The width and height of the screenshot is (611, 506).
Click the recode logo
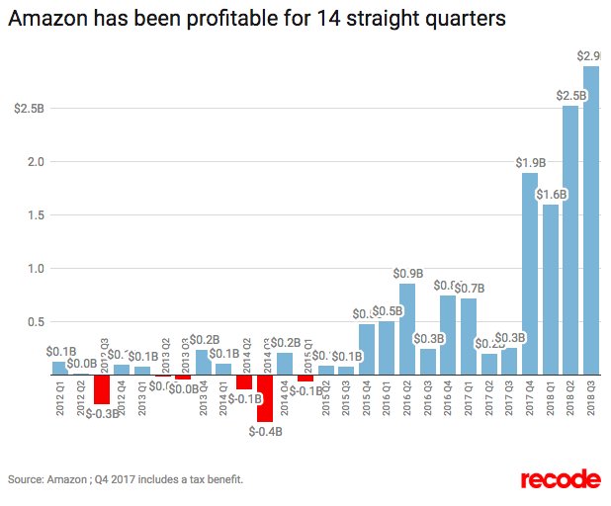[559, 479]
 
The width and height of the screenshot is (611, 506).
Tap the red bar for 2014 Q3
[264, 399]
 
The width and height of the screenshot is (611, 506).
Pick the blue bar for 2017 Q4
[530, 274]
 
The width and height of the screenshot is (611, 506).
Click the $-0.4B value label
[264, 431]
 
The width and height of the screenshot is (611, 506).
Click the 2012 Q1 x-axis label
[59, 398]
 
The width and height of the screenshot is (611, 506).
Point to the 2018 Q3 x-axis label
[591, 398]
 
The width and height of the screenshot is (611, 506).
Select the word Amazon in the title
[48, 19]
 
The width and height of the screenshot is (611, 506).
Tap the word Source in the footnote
[26, 479]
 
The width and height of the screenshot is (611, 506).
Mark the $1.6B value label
[551, 195]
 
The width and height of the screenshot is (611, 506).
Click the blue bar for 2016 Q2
[407, 329]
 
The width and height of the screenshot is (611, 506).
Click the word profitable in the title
[214, 19]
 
